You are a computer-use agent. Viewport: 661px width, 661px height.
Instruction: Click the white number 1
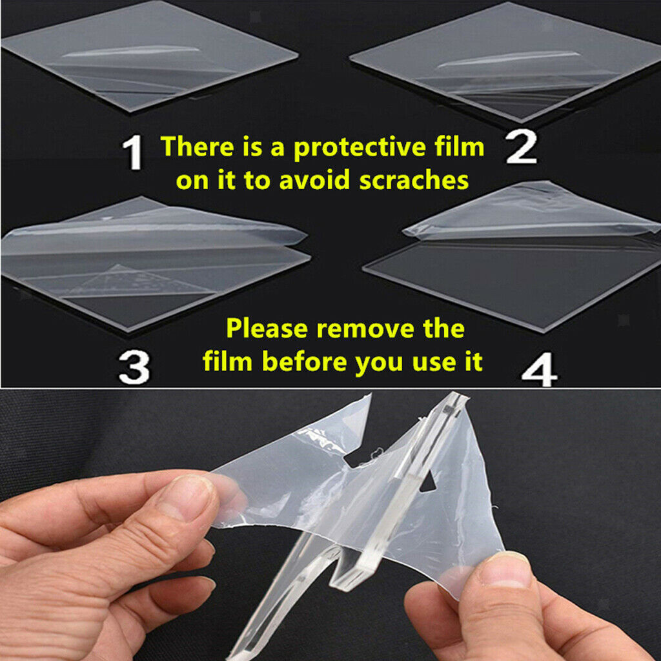(x=133, y=152)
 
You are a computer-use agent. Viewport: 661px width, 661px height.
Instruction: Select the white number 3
(x=134, y=367)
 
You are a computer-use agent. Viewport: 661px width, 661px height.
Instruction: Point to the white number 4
(x=539, y=369)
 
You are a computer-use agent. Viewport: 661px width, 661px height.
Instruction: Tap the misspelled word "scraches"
(x=414, y=181)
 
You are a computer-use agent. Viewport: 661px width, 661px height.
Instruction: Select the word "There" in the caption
(x=198, y=147)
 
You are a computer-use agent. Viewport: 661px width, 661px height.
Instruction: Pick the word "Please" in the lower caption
(x=267, y=329)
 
